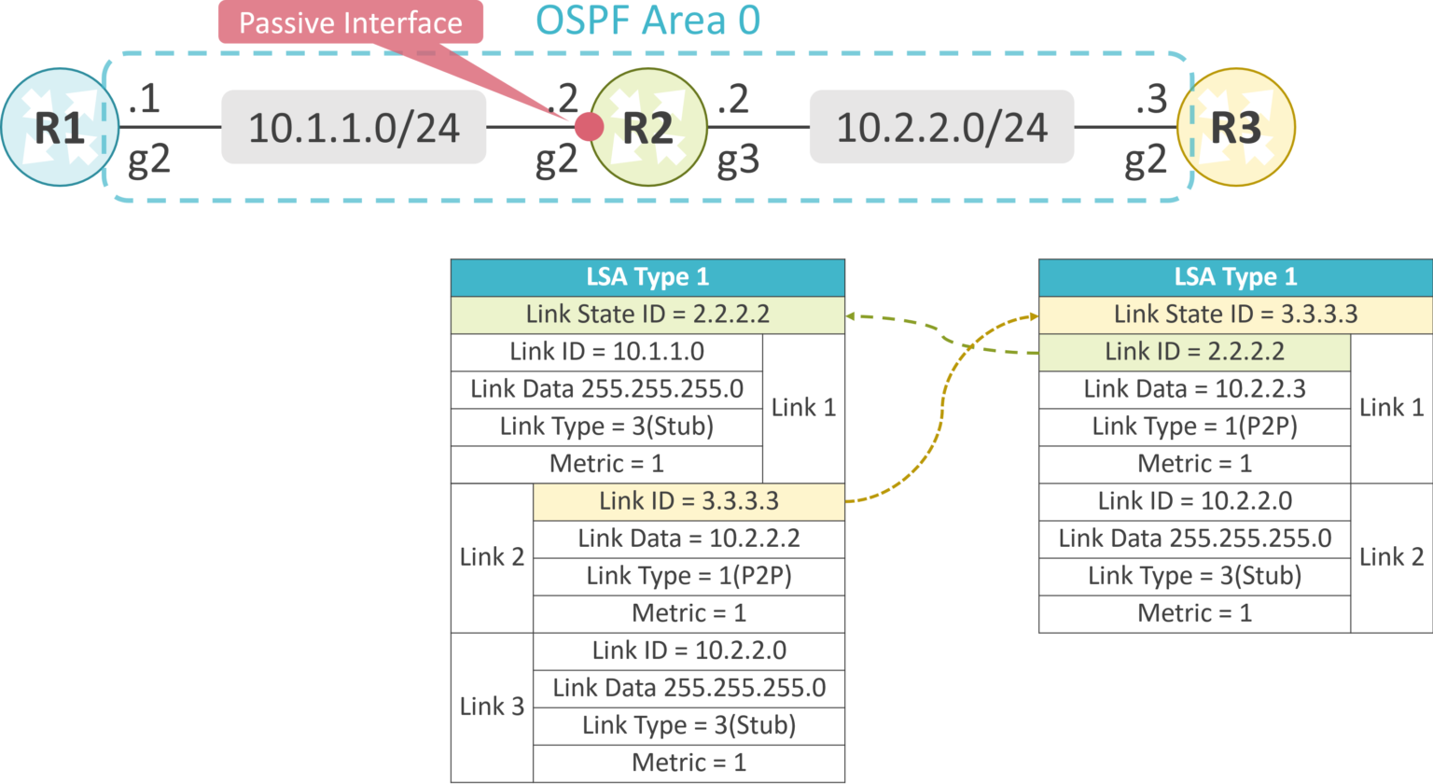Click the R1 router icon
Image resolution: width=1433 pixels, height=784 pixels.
point(60,128)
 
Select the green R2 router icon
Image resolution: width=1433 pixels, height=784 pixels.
point(648,128)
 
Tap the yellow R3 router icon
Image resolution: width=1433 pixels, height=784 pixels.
point(1236,128)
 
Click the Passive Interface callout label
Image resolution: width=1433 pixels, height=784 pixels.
point(351,22)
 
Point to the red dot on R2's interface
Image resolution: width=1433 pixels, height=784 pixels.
point(589,126)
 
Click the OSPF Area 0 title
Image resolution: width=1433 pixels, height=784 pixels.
point(647,21)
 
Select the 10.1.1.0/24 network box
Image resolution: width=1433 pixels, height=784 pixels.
point(354,128)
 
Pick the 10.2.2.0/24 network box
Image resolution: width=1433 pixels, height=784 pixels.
point(941,128)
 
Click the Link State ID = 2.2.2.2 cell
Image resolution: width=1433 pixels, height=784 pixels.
point(647,315)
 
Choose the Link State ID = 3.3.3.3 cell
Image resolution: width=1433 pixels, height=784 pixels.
point(1235,315)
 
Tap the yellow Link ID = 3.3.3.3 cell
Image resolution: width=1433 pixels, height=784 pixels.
point(689,501)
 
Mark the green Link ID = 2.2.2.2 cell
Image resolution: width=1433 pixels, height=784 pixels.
point(1194,352)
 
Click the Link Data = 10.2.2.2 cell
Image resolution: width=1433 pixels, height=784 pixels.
point(689,539)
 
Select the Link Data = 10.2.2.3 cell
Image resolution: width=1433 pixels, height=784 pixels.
point(1194,389)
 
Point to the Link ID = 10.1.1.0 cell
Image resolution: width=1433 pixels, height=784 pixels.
point(606,352)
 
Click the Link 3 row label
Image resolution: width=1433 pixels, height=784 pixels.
point(492,707)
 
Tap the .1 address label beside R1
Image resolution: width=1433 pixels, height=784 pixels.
point(145,98)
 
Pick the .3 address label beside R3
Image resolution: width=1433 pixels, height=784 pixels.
point(1151,98)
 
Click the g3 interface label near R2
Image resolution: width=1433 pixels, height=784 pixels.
point(738,161)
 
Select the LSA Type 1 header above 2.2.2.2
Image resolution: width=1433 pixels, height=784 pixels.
point(647,277)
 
